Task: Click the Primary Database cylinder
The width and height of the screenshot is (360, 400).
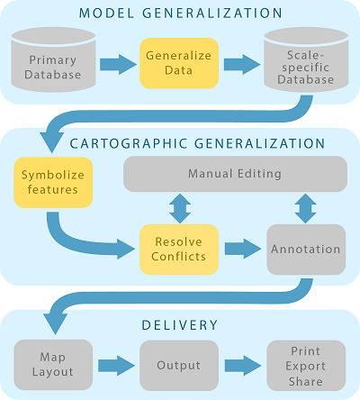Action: [53, 60]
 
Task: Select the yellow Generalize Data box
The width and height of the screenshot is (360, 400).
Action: [179, 63]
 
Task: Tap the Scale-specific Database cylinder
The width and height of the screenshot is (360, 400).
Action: [306, 61]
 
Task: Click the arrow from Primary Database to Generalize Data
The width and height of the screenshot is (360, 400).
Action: [118, 64]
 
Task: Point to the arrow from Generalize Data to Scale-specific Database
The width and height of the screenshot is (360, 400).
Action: [242, 64]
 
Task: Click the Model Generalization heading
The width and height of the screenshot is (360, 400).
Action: [181, 14]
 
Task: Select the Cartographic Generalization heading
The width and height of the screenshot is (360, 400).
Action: [197, 143]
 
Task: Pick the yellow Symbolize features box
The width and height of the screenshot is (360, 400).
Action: [53, 183]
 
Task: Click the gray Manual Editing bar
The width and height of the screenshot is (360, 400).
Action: [235, 174]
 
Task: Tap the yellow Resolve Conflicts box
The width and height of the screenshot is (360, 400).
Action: [179, 250]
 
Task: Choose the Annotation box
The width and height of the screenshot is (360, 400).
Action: [306, 250]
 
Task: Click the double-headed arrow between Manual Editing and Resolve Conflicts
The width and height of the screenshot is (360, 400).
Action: [180, 208]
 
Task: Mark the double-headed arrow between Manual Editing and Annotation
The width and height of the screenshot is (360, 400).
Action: [305, 208]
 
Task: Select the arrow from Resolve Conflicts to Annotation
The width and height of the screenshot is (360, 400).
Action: [243, 249]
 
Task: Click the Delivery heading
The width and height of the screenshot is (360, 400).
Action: [180, 325]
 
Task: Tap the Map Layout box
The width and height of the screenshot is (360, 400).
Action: [53, 365]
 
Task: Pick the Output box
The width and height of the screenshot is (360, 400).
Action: [179, 366]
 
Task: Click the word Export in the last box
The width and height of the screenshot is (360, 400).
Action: [305, 366]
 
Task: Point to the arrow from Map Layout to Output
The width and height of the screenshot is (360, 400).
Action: [116, 366]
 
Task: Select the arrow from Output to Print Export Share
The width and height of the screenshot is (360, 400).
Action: [243, 366]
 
